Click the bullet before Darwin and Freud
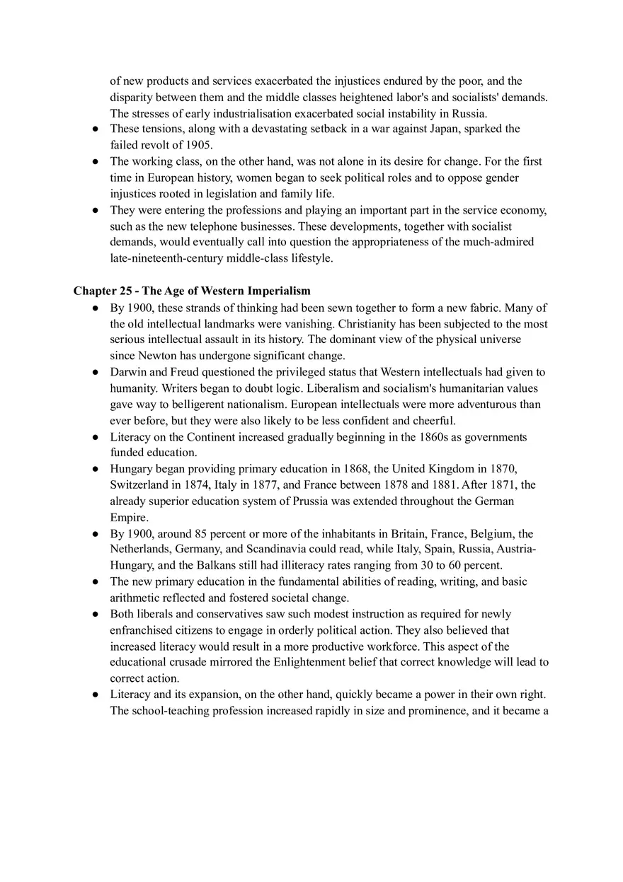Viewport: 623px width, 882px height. click(x=95, y=372)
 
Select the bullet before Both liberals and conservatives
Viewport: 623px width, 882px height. click(x=95, y=614)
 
